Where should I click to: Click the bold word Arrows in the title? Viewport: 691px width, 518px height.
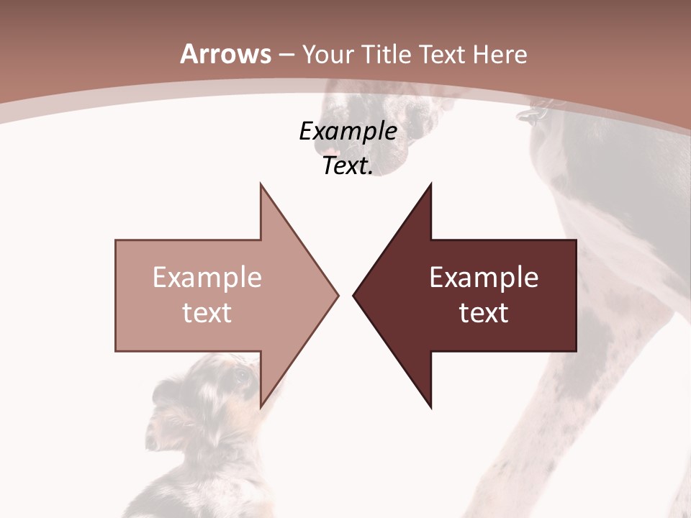225,54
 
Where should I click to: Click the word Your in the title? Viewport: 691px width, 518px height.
327,55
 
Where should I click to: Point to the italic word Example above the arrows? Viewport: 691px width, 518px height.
348,132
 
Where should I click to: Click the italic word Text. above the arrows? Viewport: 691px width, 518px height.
348,166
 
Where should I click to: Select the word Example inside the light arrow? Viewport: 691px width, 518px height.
207,278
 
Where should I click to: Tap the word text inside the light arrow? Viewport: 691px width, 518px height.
207,313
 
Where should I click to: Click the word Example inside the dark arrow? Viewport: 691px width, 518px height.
484,278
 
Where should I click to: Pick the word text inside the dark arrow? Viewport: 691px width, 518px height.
484,313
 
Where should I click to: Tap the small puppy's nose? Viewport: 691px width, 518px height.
150,440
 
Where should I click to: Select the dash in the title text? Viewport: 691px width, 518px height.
286,55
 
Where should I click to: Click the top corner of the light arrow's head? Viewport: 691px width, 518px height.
261,184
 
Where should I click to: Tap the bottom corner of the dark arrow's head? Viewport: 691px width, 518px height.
430,407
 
